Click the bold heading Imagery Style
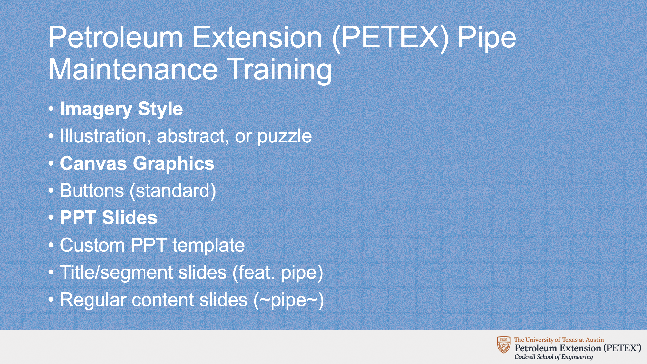click(121, 109)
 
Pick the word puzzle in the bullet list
click(285, 137)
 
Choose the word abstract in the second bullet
click(193, 136)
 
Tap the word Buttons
click(92, 190)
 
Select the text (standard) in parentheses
click(173, 191)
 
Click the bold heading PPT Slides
click(109, 218)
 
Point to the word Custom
click(92, 245)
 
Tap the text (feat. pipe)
click(278, 273)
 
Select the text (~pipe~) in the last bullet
click(289, 300)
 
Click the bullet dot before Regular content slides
click(51, 300)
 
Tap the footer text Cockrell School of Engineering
click(554, 357)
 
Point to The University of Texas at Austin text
click(559, 340)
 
